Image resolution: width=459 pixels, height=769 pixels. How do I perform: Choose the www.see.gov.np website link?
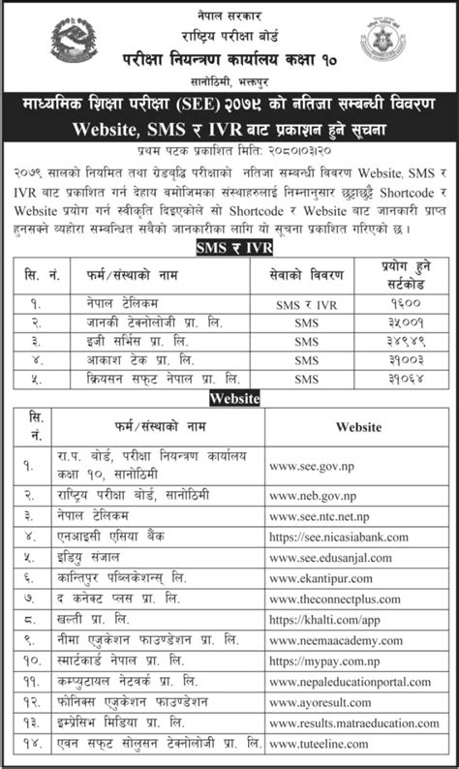309,472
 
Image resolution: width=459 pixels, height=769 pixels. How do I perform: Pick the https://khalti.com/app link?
317,621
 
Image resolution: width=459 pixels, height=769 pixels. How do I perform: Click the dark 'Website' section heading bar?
229,398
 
